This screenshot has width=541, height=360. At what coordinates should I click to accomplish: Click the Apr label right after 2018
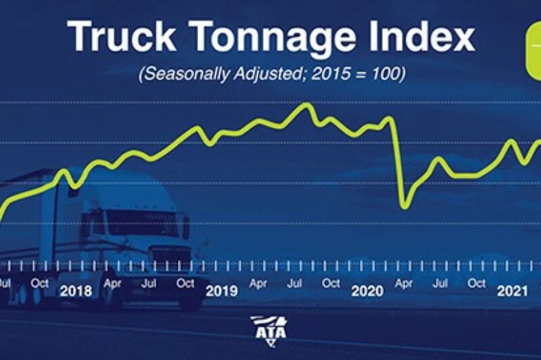pos(112,283)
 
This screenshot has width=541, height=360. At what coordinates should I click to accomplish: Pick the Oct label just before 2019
pos(185,283)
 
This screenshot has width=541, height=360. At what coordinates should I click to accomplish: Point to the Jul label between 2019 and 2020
pos(295,283)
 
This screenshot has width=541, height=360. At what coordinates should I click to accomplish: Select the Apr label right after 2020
pos(404,283)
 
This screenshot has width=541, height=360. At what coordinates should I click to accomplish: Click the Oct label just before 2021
pos(477,283)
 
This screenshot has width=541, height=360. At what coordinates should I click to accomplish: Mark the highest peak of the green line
pos(307,104)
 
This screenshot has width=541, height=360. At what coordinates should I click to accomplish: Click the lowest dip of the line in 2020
pos(404,205)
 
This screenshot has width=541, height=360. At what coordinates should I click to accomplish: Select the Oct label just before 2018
pos(40,283)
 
